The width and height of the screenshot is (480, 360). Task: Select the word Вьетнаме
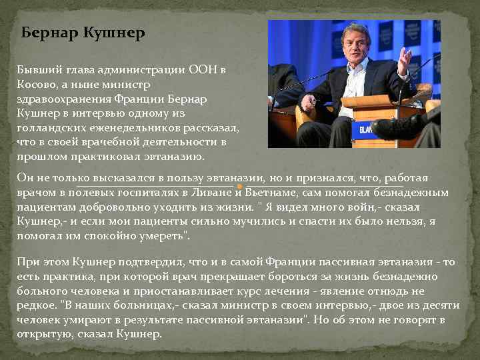[x=271, y=193]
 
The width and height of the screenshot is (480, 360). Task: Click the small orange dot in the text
[x=238, y=188]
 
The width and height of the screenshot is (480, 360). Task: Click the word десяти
[x=441, y=305]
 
